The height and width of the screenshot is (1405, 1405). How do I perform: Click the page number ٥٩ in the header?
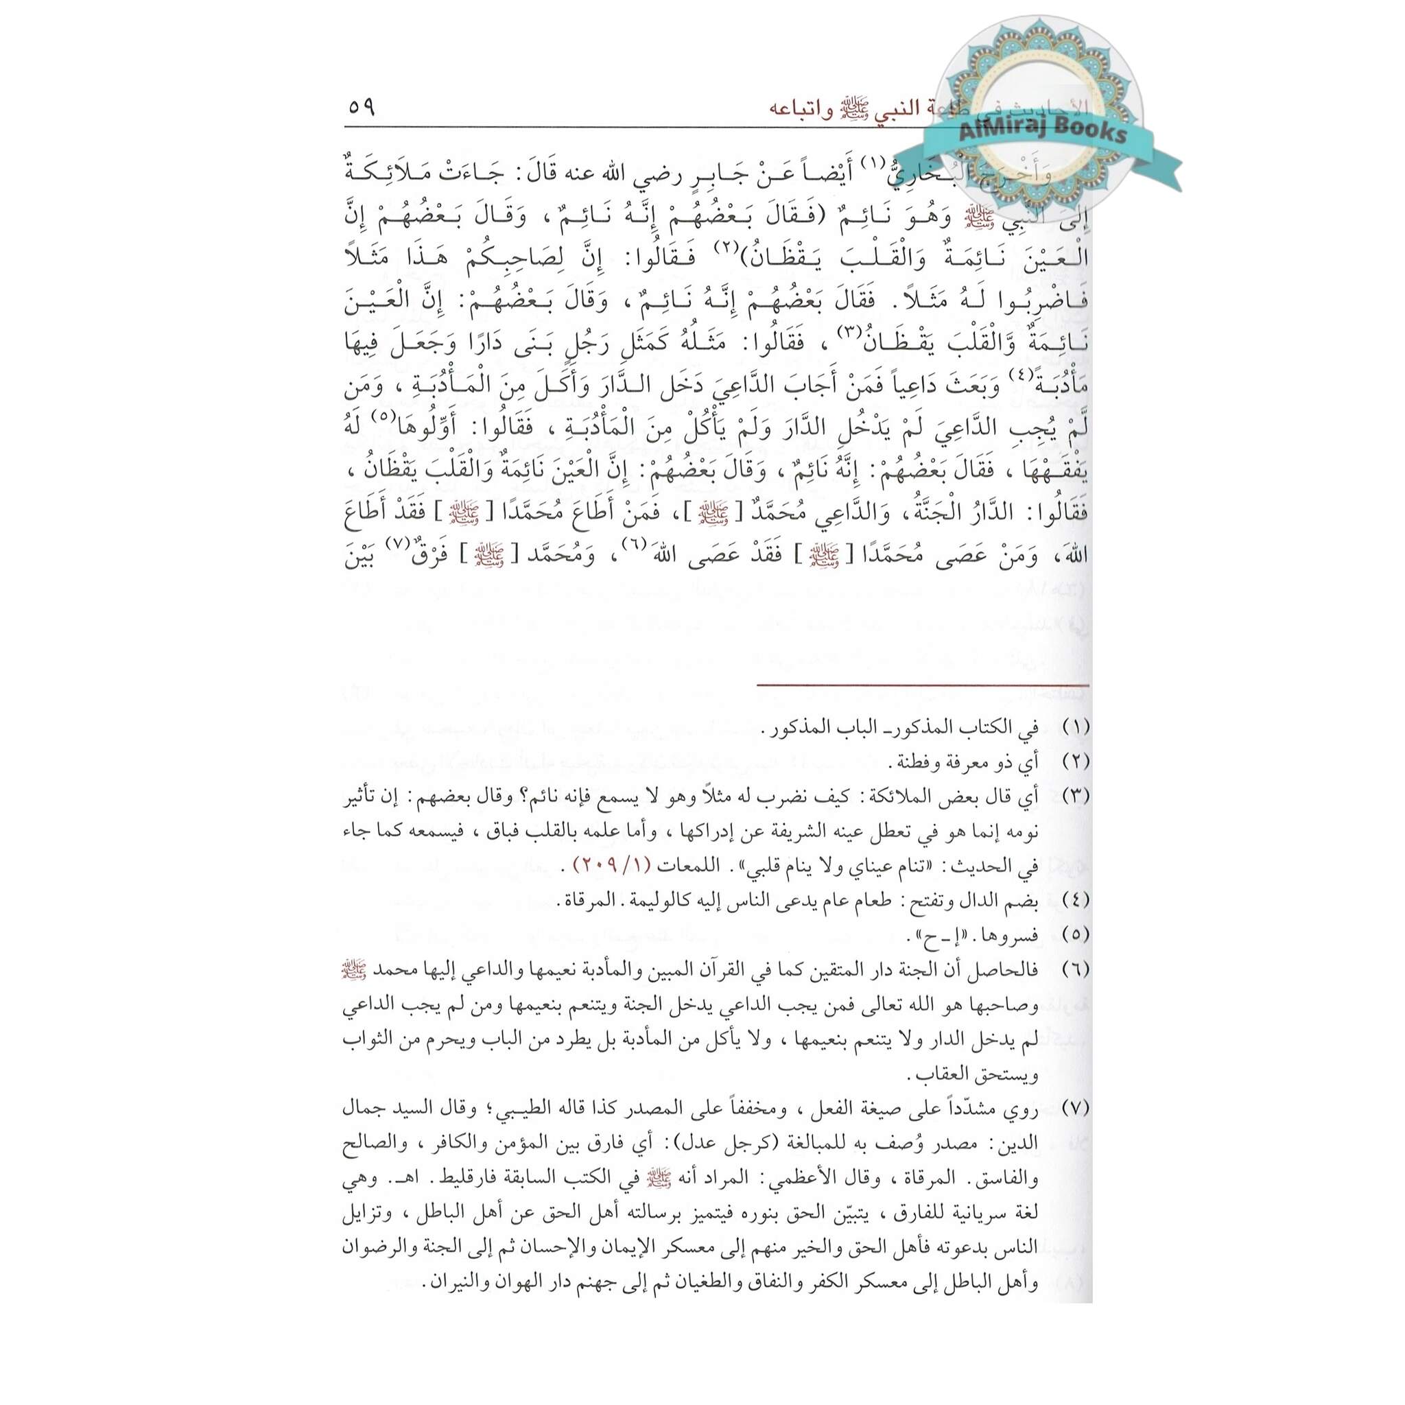(361, 108)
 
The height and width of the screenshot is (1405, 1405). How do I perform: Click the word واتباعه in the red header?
(801, 109)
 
